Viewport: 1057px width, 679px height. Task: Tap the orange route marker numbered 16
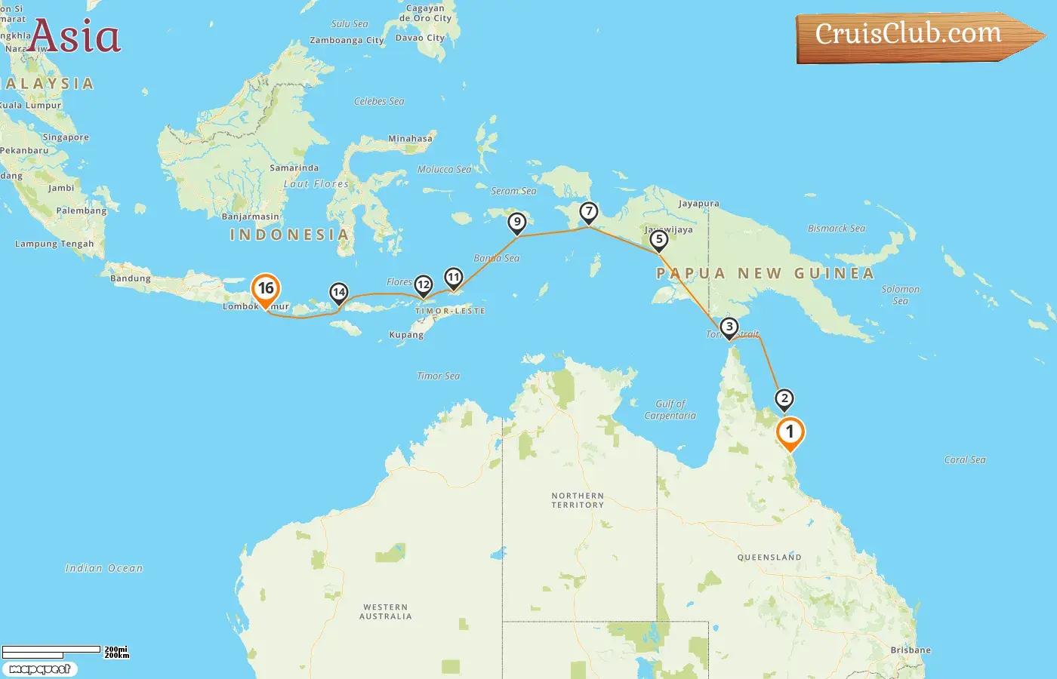tap(266, 289)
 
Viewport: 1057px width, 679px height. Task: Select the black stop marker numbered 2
tap(784, 399)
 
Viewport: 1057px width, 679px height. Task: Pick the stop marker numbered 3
tap(729, 327)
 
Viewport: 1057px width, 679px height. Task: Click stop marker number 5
tap(659, 240)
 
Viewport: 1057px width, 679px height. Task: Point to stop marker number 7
tap(589, 212)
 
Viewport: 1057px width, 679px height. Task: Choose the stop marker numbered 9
tap(517, 223)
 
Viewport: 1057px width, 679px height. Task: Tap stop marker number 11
tap(453, 278)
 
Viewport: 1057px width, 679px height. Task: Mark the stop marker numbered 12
tap(424, 285)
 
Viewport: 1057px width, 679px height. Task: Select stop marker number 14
tap(339, 293)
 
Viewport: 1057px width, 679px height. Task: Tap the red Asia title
tap(75, 37)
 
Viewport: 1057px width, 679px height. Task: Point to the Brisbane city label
tap(911, 650)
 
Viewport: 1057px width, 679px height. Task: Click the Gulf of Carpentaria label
tap(670, 410)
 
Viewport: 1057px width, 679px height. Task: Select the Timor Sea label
tap(438, 376)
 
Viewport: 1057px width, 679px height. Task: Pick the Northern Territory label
tap(578, 500)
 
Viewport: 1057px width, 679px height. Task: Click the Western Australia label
tap(386, 611)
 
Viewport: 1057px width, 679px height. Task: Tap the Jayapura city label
tap(698, 204)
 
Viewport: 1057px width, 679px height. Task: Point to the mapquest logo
tap(39, 669)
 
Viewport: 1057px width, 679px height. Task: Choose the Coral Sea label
tap(965, 459)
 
